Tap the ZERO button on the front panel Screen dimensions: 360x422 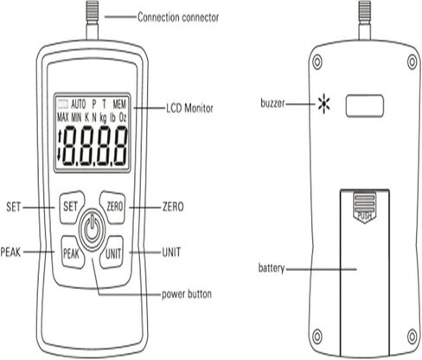coord(112,207)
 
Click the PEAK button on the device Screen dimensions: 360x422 coord(71,254)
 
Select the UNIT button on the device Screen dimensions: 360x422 coord(112,254)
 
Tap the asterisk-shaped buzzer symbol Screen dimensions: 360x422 coord(323,106)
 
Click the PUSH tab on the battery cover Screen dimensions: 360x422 coord(364,212)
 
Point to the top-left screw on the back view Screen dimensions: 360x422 coord(318,62)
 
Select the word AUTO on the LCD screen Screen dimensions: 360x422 coord(79,102)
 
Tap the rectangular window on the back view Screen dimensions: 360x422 coord(364,106)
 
